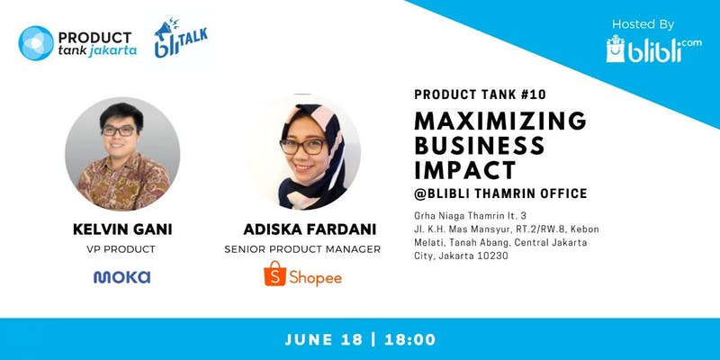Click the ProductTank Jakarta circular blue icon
click(x=36, y=43)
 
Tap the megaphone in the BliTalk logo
click(x=163, y=30)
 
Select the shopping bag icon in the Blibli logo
click(x=616, y=49)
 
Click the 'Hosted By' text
click(x=643, y=24)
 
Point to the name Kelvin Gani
click(x=122, y=229)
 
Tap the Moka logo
click(x=121, y=277)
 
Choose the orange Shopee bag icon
click(x=275, y=274)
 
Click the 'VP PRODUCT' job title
click(x=121, y=249)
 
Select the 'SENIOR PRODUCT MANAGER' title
click(x=302, y=249)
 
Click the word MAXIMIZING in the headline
click(x=500, y=121)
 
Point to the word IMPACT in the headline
click(x=465, y=170)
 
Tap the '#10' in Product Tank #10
click(x=534, y=94)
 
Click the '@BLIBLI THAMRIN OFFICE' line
click(x=500, y=193)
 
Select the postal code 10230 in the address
click(x=493, y=256)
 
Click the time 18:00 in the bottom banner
click(x=410, y=340)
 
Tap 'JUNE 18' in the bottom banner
click(x=324, y=340)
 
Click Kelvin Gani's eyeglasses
click(x=119, y=130)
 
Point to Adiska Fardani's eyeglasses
click(x=302, y=147)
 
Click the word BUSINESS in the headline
click(x=480, y=146)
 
